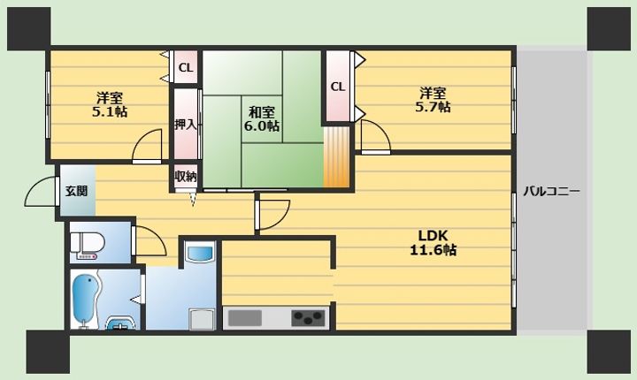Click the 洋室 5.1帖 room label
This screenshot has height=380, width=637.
[110, 104]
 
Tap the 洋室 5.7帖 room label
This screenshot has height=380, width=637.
[433, 100]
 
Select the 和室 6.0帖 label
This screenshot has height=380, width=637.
[261, 119]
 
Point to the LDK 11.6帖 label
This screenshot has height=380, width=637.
[433, 242]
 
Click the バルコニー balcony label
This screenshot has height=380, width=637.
[551, 191]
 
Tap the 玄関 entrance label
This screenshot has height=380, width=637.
[76, 190]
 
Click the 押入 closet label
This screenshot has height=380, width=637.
[186, 125]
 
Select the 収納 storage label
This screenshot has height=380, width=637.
[186, 176]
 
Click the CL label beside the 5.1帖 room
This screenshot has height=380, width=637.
[186, 67]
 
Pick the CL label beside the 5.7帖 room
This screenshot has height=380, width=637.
[338, 87]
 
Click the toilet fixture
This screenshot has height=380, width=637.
[88, 244]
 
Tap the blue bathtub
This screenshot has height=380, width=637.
[85, 299]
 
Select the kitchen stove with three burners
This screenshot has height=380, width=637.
[309, 318]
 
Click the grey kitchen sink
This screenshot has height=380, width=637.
[244, 318]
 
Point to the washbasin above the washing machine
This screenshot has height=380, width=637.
[199, 253]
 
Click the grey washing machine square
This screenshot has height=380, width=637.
[203, 319]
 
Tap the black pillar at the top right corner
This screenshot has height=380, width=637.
[609, 28]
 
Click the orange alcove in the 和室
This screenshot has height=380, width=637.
[337, 157]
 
